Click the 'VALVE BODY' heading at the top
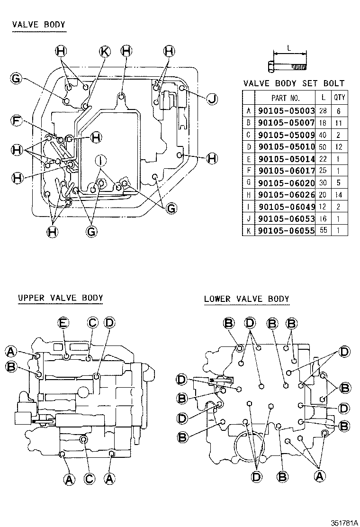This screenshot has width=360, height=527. [x=39, y=25]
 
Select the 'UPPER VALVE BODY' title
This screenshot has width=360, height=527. [x=60, y=298]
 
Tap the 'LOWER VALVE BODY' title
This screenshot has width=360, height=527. [x=246, y=299]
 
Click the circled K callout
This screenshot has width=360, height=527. [x=105, y=51]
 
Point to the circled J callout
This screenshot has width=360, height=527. [x=212, y=99]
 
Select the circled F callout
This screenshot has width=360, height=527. [x=18, y=121]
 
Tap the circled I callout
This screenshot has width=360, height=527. [x=99, y=160]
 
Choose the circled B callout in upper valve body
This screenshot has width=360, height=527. [x=10, y=366]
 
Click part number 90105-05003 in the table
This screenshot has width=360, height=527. [x=286, y=111]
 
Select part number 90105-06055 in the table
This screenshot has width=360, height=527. [x=286, y=231]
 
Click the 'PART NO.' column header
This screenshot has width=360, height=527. [x=286, y=98]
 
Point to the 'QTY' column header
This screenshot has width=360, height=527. [x=339, y=98]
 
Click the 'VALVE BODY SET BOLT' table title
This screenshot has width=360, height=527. [x=294, y=83]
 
